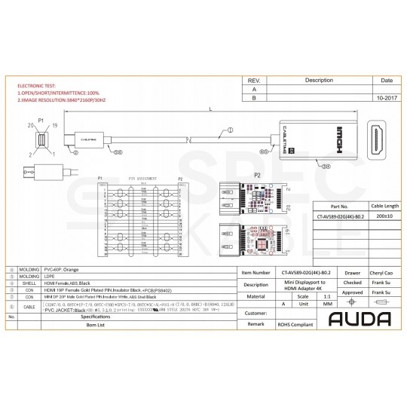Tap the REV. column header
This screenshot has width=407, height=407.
pos(255,79)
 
